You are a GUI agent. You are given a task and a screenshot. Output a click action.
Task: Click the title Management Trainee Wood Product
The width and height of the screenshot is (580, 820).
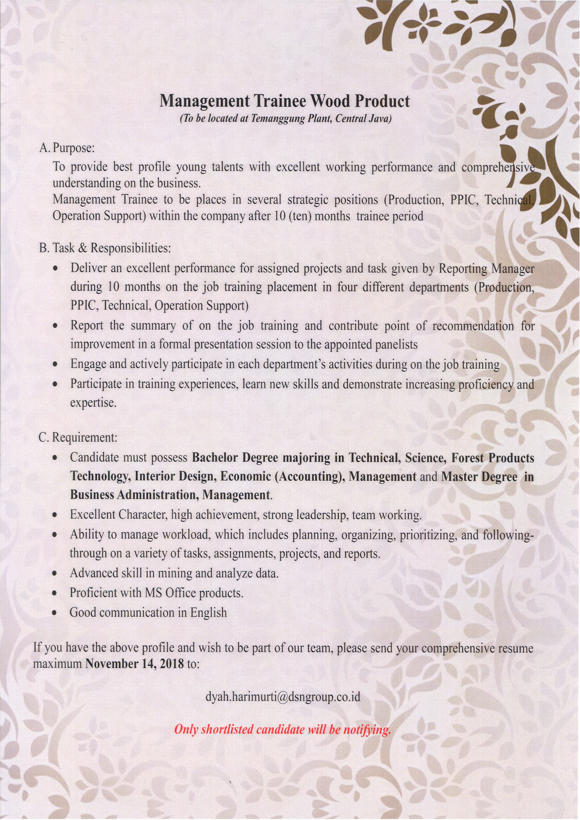click(x=284, y=102)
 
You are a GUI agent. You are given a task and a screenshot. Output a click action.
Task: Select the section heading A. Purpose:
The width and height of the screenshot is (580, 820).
click(x=67, y=148)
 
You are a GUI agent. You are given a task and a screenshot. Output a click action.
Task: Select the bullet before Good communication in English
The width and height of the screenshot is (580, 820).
click(x=55, y=613)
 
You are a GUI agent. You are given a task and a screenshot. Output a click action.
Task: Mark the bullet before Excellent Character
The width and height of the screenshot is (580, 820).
click(x=55, y=515)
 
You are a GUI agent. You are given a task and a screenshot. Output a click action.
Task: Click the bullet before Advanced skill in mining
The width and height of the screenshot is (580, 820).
click(x=55, y=573)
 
